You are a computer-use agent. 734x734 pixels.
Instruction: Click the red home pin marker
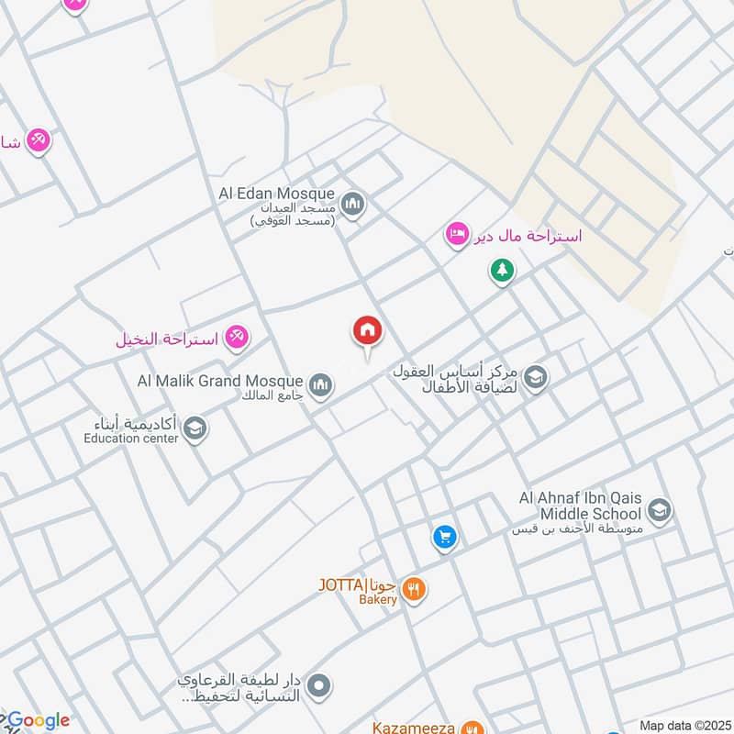[368, 331]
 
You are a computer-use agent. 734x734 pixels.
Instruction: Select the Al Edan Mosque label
[278, 195]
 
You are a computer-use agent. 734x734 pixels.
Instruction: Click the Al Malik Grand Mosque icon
[319, 385]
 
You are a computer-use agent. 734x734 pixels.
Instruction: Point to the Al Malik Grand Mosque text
[219, 380]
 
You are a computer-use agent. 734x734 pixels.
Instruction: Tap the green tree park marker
[501, 271]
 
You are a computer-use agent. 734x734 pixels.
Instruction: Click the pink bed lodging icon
[457, 235]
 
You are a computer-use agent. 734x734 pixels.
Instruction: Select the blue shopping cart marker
[445, 538]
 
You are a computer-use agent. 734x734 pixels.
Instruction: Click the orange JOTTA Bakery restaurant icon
[415, 590]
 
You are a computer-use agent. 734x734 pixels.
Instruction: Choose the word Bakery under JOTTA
[378, 600]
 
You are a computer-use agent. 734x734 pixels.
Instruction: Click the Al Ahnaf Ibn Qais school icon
[659, 510]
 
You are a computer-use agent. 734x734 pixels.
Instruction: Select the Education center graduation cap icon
[194, 428]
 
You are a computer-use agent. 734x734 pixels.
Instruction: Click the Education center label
[129, 438]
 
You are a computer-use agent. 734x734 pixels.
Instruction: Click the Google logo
[37, 720]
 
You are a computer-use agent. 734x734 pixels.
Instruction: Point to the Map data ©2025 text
[684, 726]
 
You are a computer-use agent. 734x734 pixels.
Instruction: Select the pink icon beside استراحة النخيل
[237, 338]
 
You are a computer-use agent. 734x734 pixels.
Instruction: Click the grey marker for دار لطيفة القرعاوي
[319, 684]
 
